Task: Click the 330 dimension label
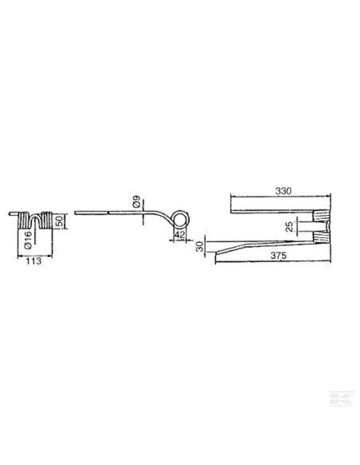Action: [x=284, y=191]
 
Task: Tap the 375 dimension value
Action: [x=279, y=256]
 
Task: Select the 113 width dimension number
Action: [x=33, y=261]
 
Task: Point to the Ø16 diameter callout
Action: [x=28, y=240]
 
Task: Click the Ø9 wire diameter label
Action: [x=136, y=201]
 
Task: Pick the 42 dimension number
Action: [x=180, y=235]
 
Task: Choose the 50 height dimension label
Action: [x=60, y=221]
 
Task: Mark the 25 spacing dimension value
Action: [x=289, y=227]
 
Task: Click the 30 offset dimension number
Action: [x=201, y=247]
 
